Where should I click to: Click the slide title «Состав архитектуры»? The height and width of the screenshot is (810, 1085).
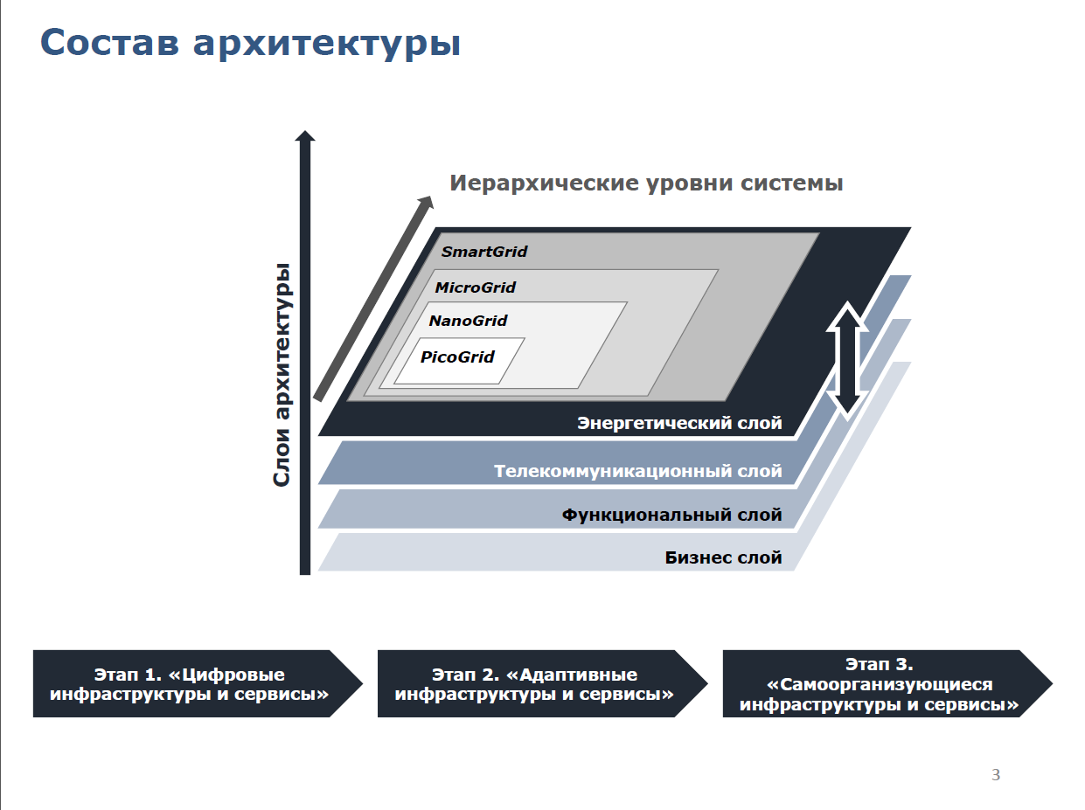(x=250, y=44)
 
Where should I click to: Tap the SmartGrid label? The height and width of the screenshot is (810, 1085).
(x=484, y=252)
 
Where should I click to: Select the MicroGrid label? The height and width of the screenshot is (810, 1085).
(x=475, y=287)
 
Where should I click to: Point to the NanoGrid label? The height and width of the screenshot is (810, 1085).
(x=468, y=321)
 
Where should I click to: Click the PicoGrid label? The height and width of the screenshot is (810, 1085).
(x=456, y=357)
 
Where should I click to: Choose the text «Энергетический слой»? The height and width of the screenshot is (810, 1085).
(x=679, y=423)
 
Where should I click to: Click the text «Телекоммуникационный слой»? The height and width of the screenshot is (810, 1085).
(x=638, y=471)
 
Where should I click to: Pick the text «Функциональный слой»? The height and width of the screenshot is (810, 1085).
(x=671, y=516)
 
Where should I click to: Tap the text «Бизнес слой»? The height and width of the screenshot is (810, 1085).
(x=723, y=557)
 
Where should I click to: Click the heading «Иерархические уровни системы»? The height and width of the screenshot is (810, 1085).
(x=646, y=183)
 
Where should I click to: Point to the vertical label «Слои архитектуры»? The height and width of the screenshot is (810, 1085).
(x=282, y=376)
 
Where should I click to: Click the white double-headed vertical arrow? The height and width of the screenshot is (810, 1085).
(x=847, y=361)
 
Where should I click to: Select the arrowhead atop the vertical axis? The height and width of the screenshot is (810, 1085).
(x=305, y=135)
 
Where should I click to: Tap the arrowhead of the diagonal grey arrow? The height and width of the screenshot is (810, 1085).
(x=427, y=203)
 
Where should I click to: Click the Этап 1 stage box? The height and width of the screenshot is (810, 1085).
(x=198, y=684)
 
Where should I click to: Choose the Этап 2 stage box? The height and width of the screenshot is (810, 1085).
(x=542, y=684)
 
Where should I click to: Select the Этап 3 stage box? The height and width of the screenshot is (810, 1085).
(x=887, y=684)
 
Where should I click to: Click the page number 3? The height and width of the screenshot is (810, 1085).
(x=996, y=775)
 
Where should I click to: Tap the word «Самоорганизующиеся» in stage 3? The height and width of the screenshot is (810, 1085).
(x=880, y=685)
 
